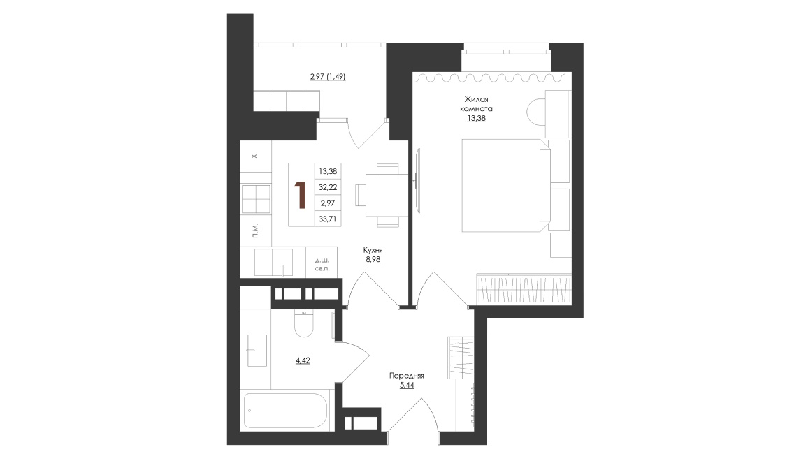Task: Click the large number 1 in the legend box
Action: tap(299, 195)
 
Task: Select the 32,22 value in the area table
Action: tap(328, 187)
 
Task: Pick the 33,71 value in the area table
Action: tap(328, 219)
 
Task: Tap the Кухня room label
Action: tap(373, 250)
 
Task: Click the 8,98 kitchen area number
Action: tap(373, 259)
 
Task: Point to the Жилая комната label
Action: tap(476, 104)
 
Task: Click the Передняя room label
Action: tap(407, 376)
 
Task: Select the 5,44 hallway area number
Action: tap(407, 385)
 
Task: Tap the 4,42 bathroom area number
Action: tap(303, 360)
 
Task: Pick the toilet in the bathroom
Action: tap(304, 323)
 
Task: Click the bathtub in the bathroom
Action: tap(285, 411)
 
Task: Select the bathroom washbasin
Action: tap(257, 351)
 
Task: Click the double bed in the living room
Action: tap(505, 185)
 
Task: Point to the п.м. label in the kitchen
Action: tap(256, 230)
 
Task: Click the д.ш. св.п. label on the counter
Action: tap(322, 265)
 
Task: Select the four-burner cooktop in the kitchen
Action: tap(256, 198)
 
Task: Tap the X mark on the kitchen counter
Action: tap(254, 156)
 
